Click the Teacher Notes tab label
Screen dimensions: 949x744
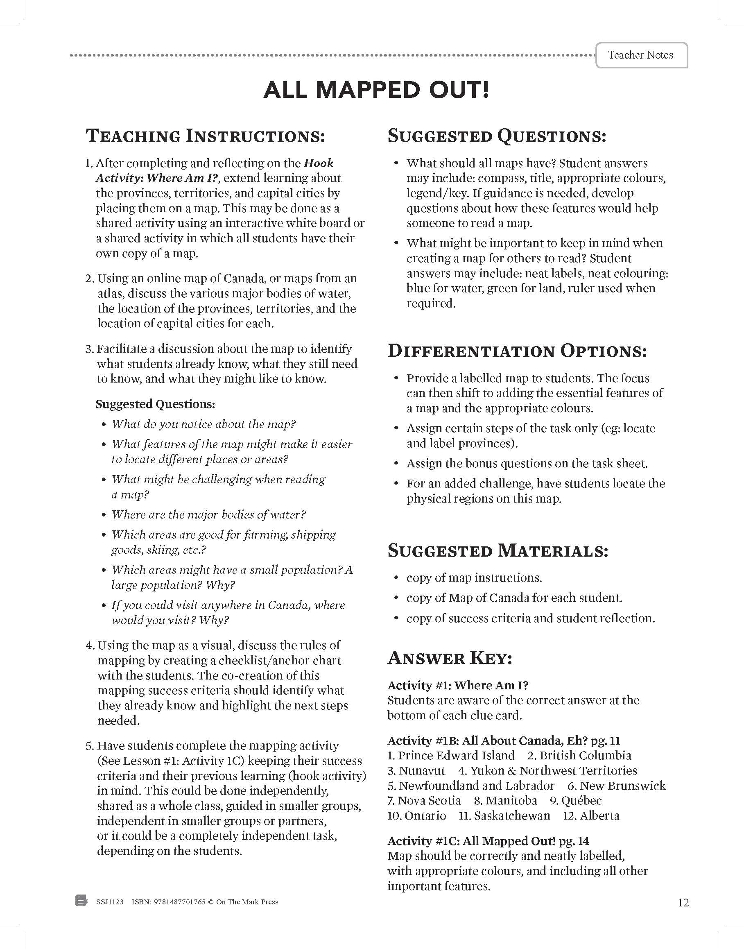(x=640, y=55)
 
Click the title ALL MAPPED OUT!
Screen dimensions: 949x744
(x=376, y=90)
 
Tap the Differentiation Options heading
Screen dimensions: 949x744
(x=517, y=351)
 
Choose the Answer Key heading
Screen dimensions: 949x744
(x=450, y=658)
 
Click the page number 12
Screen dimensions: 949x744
(x=683, y=902)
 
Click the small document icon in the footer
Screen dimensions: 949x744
(x=81, y=901)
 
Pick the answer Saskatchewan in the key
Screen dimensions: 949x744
(x=512, y=815)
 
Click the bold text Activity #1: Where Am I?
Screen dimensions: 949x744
(x=458, y=685)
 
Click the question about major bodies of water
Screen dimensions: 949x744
(x=209, y=514)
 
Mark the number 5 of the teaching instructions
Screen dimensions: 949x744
(x=89, y=746)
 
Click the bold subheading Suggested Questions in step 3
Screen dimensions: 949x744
(x=155, y=404)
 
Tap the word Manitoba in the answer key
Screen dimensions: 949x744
(x=511, y=801)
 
